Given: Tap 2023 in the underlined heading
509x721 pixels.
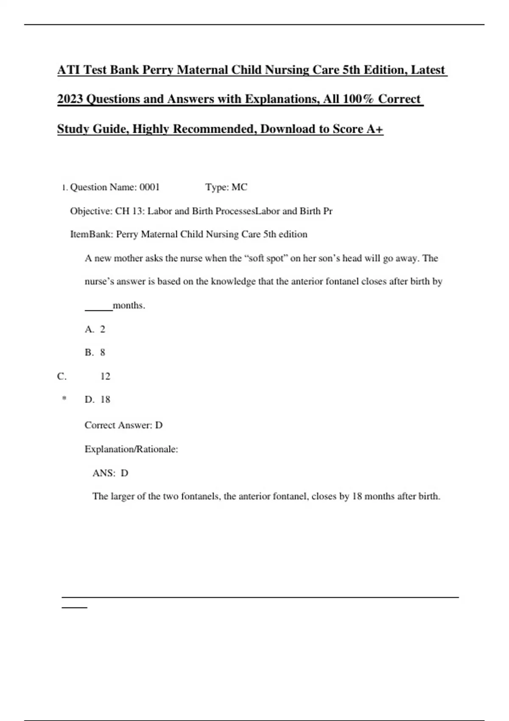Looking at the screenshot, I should [70, 99].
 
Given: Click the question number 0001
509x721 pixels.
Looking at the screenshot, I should [149, 187].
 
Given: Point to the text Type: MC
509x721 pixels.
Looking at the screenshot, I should [226, 187].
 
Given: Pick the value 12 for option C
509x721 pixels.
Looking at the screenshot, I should [105, 376].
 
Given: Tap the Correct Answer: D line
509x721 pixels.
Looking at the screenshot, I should [123, 425].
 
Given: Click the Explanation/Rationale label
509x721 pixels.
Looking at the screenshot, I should [131, 449].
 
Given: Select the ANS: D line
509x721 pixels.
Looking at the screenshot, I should [110, 473].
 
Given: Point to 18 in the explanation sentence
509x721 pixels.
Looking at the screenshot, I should [357, 496].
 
